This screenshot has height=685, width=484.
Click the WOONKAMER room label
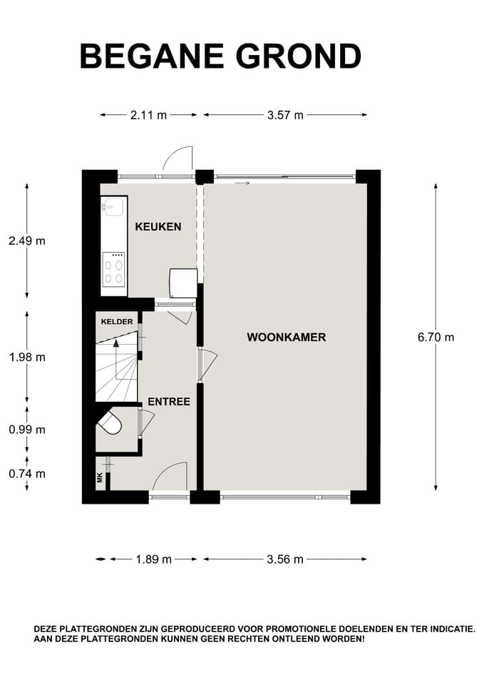click(x=287, y=337)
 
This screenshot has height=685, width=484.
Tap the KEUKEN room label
click(x=158, y=227)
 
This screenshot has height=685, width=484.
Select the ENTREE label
click(x=168, y=402)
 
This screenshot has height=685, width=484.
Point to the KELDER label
click(x=116, y=322)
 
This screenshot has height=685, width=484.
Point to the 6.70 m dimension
click(x=435, y=337)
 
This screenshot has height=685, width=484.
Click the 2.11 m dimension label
click(x=148, y=115)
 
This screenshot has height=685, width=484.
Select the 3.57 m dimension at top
click(x=285, y=115)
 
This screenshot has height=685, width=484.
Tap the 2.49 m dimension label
click(x=27, y=240)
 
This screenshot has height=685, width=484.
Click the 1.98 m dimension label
click(x=27, y=357)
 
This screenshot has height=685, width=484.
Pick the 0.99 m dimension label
click(x=27, y=430)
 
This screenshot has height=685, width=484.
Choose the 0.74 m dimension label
click(x=27, y=473)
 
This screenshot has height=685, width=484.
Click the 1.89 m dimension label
click(x=153, y=559)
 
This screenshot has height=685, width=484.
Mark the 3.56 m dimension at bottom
click(x=285, y=559)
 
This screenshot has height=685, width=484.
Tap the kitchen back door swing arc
click(x=177, y=157)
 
